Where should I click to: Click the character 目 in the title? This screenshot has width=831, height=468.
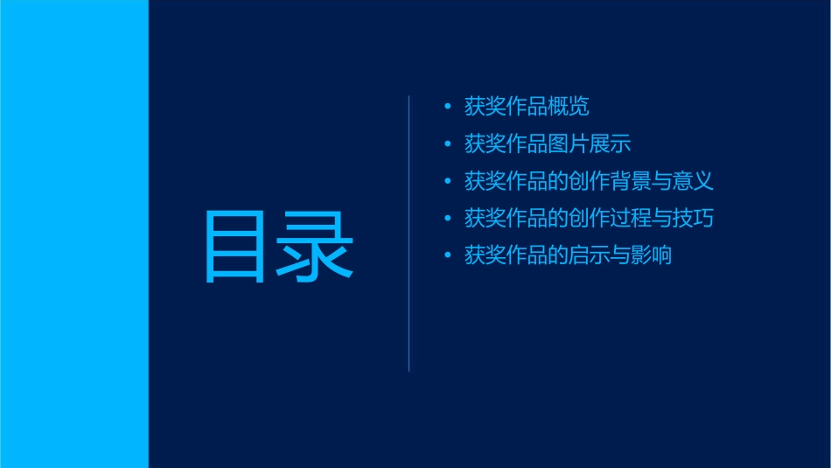click(234, 246)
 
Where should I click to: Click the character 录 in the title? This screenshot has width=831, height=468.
click(316, 246)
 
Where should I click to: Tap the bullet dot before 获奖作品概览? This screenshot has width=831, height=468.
click(448, 107)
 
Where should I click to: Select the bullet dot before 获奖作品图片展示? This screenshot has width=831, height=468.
click(448, 144)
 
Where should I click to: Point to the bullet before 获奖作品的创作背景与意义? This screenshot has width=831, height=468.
click(448, 182)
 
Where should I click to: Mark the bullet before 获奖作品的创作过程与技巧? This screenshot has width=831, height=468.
click(448, 219)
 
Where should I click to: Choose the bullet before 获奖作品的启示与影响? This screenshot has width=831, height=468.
click(448, 256)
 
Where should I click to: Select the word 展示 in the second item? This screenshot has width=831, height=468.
click(610, 144)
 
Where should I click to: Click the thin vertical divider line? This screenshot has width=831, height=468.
click(409, 233)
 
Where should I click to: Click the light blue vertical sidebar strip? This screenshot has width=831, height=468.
click(73, 234)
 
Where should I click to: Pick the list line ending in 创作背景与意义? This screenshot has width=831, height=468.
click(589, 182)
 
